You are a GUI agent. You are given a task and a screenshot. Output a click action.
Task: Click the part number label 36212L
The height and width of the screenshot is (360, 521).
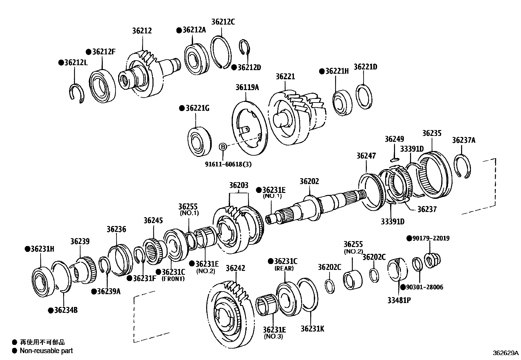[76, 63]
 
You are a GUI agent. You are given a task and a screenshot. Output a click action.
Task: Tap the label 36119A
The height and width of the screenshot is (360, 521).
[247, 87]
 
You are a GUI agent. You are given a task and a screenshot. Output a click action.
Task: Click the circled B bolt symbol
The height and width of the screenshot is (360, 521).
[223, 147]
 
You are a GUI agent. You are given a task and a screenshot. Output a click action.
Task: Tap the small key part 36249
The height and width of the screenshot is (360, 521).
[394, 160]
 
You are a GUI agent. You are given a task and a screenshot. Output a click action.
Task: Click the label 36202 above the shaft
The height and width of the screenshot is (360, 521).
[309, 181]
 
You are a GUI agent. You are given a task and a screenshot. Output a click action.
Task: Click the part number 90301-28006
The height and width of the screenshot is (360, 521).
[424, 287]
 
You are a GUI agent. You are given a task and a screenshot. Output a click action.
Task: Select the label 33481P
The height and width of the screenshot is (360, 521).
[399, 300]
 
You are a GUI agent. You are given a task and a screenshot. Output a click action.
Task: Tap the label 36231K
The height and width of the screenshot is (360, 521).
[312, 329]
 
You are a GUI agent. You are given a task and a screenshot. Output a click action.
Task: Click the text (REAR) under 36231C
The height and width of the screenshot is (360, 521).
[284, 268]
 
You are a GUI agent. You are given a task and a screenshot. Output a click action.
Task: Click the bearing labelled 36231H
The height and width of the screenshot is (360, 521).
[43, 278]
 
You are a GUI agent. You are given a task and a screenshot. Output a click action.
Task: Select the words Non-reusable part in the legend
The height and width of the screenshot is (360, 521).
[46, 351]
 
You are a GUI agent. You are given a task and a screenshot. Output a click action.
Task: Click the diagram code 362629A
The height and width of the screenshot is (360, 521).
[506, 353]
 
